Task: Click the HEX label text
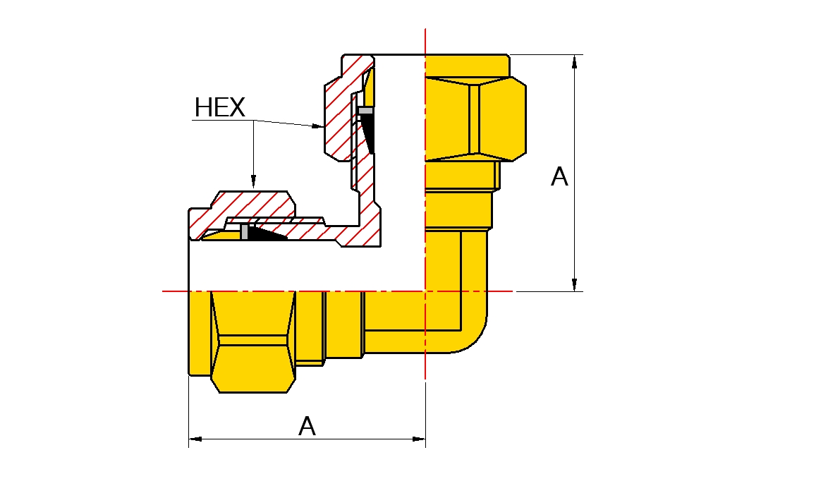pyautogui.click(x=219, y=108)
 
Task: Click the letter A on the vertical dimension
pyautogui.click(x=559, y=177)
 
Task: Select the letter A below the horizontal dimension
pyautogui.click(x=307, y=426)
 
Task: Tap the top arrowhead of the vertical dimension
pyautogui.click(x=575, y=61)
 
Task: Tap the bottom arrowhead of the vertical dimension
pyautogui.click(x=575, y=284)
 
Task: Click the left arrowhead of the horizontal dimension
pyautogui.click(x=195, y=439)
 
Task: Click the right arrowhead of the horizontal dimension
pyautogui.click(x=418, y=439)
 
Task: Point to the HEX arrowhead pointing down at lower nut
pyautogui.click(x=253, y=181)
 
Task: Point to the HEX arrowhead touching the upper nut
pyautogui.click(x=318, y=126)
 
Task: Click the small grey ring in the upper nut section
pyautogui.click(x=366, y=110)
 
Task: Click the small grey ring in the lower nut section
pyautogui.click(x=244, y=232)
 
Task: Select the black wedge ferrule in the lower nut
pyautogui.click(x=267, y=233)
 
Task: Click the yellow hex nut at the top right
pyautogui.click(x=475, y=118)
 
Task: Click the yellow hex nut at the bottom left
pyautogui.click(x=253, y=341)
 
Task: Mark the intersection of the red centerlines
pyautogui.click(x=426, y=291)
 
